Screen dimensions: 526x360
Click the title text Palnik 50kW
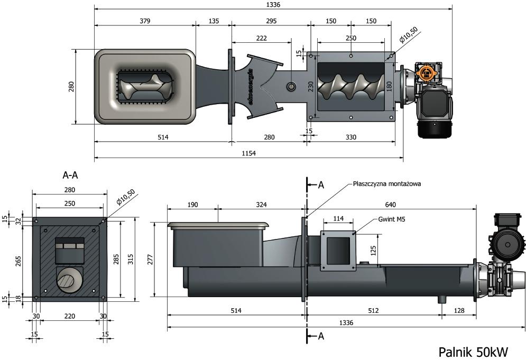(473, 352)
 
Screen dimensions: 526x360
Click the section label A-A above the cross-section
(70, 175)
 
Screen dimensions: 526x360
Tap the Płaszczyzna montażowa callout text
(387, 184)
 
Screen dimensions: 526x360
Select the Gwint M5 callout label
(392, 219)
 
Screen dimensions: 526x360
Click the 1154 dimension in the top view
(249, 153)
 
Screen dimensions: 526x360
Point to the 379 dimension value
(145, 21)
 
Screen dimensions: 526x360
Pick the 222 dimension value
(261, 38)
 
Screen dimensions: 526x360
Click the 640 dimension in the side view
(391, 205)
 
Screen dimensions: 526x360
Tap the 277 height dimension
(150, 259)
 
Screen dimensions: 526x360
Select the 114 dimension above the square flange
(338, 219)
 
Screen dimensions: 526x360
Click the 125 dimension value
(373, 251)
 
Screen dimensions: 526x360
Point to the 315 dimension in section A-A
(131, 259)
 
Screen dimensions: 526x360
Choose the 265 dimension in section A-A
(18, 261)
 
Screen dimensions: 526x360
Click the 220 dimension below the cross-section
(70, 316)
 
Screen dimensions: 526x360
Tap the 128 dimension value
(459, 311)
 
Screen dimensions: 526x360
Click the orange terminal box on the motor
(423, 71)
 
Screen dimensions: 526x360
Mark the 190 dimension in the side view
(192, 205)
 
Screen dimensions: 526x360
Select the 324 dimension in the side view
(261, 205)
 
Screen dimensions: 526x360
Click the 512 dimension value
(373, 311)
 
